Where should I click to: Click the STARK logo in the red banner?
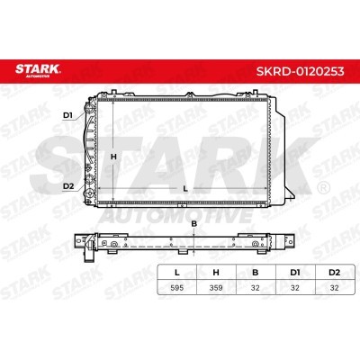(x=38, y=70)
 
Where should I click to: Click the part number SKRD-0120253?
(x=300, y=71)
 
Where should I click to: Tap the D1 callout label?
(x=68, y=115)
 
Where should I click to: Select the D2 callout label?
(x=68, y=186)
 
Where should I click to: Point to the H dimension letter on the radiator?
(x=113, y=157)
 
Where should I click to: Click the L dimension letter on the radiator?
(x=185, y=189)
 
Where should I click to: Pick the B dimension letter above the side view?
(x=194, y=223)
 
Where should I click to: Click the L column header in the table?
(x=177, y=273)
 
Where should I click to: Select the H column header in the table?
(x=216, y=273)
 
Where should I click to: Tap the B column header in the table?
(x=256, y=273)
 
